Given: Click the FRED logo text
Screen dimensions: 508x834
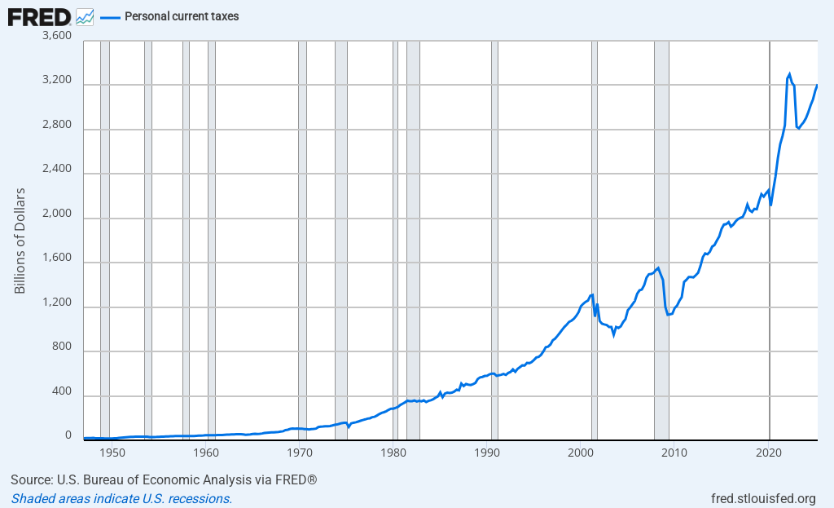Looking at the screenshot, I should (x=38, y=15).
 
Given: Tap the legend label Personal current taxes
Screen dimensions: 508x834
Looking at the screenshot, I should (x=182, y=16).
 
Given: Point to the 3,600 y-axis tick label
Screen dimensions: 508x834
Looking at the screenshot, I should (x=56, y=37).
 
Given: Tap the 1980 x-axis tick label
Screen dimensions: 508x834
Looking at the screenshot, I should (x=394, y=452).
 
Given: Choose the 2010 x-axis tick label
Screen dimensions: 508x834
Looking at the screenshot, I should (x=675, y=452).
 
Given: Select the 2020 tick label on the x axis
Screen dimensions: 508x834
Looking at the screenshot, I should (x=769, y=452).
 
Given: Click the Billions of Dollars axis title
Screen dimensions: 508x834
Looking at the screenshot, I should (x=20, y=241).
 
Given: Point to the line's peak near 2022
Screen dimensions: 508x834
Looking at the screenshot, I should (x=789, y=74).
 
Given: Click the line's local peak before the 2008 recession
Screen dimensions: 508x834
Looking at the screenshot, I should (x=658, y=267).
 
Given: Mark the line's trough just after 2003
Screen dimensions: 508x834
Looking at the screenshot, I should (x=613, y=335).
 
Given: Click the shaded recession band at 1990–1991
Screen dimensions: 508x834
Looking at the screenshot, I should (x=494, y=245).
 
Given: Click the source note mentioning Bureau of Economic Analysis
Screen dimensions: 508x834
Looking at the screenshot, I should (x=164, y=480).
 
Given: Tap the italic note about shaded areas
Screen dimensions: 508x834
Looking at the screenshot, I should (x=121, y=498).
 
